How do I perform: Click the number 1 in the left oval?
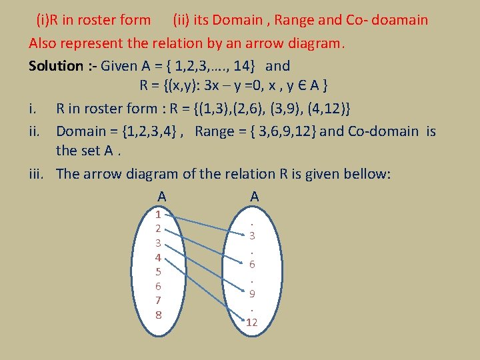(x=158, y=215)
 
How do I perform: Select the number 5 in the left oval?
(x=158, y=271)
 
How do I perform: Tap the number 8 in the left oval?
(x=158, y=314)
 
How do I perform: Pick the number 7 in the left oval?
(x=158, y=300)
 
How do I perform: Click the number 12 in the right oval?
(x=251, y=323)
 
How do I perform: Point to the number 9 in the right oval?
(x=252, y=293)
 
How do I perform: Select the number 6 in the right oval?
(x=252, y=264)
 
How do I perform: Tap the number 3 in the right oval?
(x=252, y=235)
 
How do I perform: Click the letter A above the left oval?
(x=161, y=197)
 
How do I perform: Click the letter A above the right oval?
(x=254, y=197)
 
